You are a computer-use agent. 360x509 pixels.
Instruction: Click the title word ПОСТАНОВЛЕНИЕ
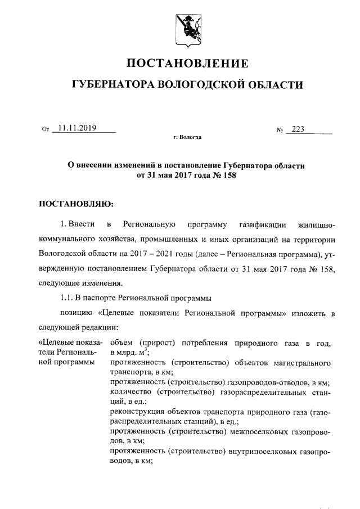click(187, 62)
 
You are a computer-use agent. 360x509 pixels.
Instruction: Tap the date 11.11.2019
click(77, 128)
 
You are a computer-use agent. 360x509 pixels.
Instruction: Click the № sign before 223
click(279, 130)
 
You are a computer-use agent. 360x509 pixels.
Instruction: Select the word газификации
click(264, 226)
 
